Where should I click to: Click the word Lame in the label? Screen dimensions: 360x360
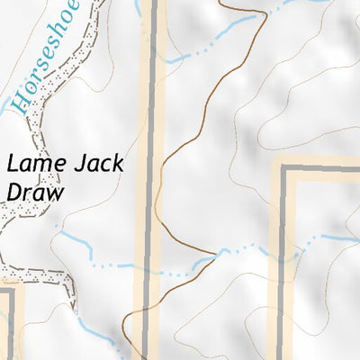(33, 165)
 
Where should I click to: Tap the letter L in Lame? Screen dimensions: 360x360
(12, 165)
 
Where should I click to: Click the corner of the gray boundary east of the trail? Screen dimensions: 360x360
(283, 169)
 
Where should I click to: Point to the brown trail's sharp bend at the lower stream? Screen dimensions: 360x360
(217, 253)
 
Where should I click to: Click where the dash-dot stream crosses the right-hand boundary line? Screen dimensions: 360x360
(283, 247)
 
